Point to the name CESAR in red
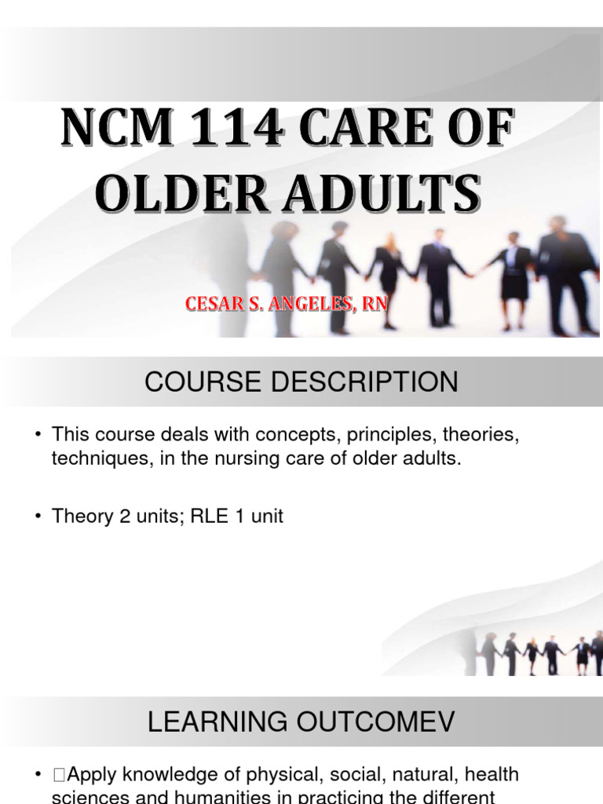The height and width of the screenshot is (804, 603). click(x=216, y=303)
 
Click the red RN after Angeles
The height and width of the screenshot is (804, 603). click(x=375, y=303)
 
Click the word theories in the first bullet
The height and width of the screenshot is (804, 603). click(x=484, y=434)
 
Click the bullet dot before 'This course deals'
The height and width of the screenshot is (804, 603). click(x=38, y=435)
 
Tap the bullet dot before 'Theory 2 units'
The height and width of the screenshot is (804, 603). click(x=38, y=517)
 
